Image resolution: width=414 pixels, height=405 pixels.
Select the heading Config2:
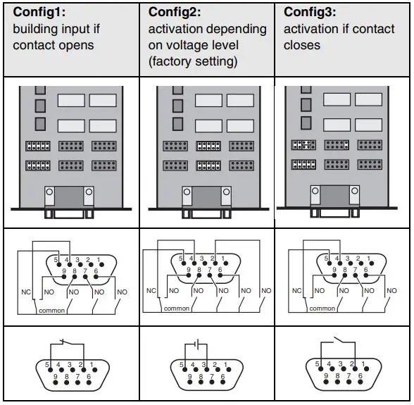tap(175, 12)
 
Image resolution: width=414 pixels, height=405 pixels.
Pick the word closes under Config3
tap(302, 45)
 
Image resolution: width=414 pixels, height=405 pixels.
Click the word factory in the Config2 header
tap(172, 61)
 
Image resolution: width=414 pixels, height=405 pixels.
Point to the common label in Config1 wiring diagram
tap(53, 309)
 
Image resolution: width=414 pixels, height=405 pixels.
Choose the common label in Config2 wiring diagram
tap(176, 309)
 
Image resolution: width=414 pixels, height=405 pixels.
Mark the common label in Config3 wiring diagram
tap(322, 309)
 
